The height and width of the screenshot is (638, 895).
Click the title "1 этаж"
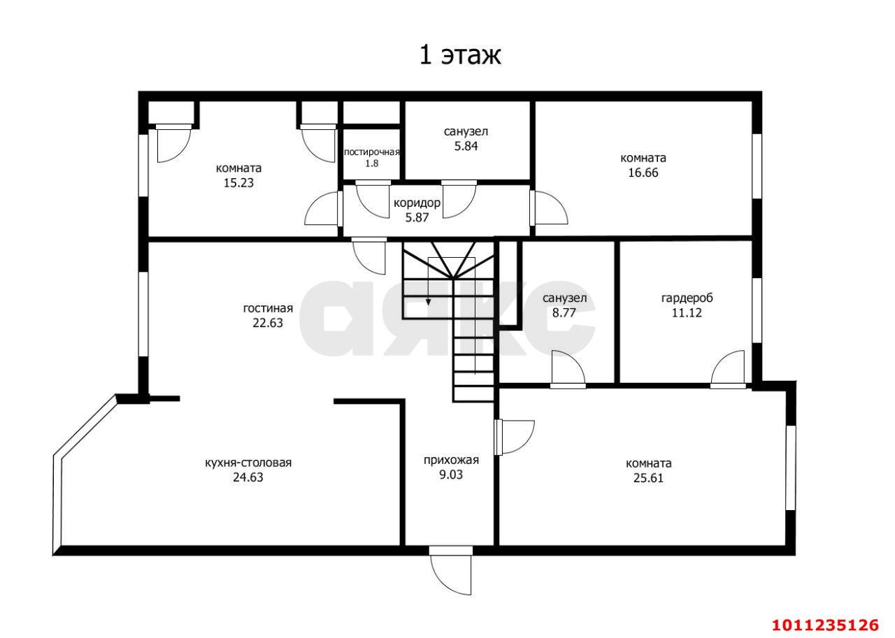click(459, 55)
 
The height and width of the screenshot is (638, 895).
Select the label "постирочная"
click(371, 152)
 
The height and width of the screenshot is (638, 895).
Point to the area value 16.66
click(643, 173)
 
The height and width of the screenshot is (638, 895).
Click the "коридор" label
click(417, 203)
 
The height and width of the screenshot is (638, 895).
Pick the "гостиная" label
click(268, 308)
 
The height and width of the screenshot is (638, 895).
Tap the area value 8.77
click(564, 313)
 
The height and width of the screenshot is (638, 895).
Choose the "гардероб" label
click(687, 298)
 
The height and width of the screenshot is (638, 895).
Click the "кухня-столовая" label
click(248, 463)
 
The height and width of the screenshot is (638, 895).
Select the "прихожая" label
click(451, 460)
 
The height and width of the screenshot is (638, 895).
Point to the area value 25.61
click(649, 478)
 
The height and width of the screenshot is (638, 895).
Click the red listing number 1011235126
click(824, 624)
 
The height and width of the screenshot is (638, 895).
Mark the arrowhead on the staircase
click(429, 301)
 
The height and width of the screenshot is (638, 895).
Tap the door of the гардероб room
click(730, 369)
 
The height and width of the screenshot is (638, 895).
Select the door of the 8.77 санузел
click(567, 369)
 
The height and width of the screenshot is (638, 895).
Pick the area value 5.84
click(466, 146)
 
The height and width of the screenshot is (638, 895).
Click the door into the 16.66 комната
click(550, 208)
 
